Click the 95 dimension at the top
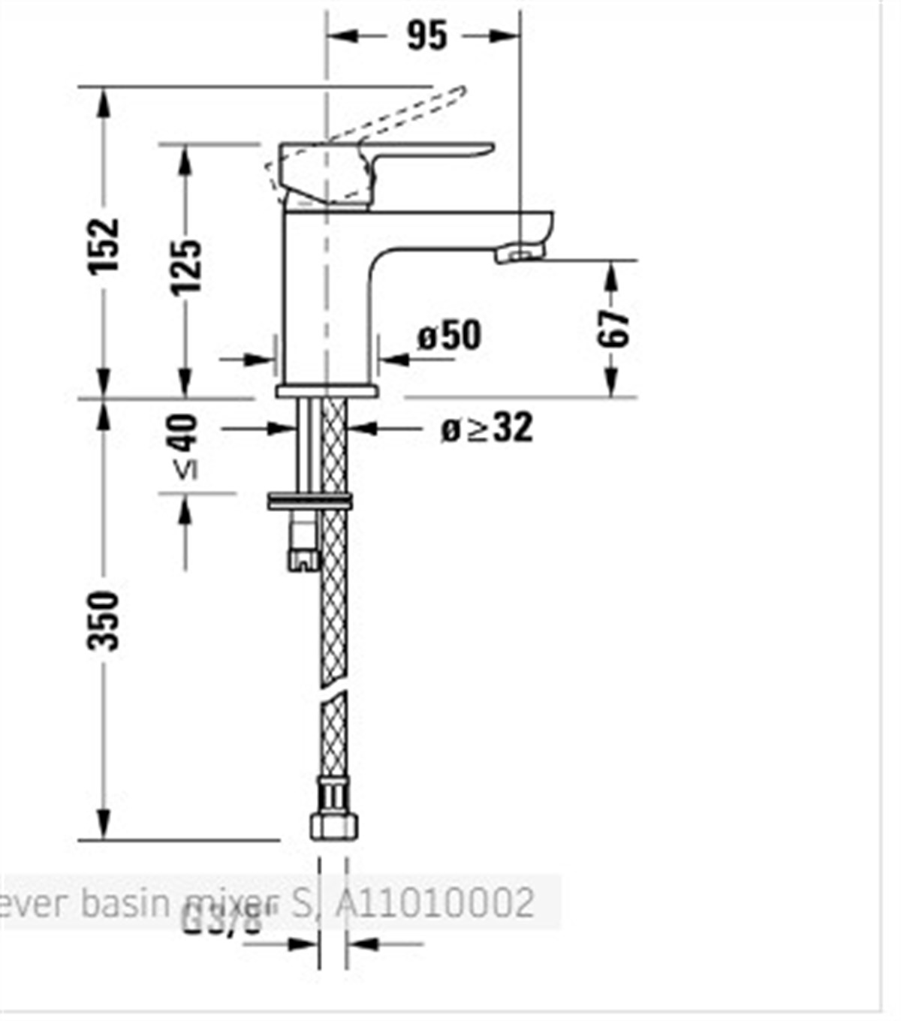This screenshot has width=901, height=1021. [426, 35]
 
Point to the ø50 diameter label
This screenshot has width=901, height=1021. [449, 335]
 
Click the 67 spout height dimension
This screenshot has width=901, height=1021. [613, 327]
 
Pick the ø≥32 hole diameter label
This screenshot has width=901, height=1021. [487, 428]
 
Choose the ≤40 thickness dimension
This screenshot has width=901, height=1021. [185, 446]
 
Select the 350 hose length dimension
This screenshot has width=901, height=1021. [104, 620]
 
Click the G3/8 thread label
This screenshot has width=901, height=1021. [221, 917]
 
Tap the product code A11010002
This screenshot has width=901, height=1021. [434, 902]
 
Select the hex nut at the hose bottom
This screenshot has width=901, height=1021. [333, 826]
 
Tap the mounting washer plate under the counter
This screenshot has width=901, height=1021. [309, 501]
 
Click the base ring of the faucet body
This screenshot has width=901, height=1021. [327, 390]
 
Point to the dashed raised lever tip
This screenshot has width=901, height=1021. [455, 94]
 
